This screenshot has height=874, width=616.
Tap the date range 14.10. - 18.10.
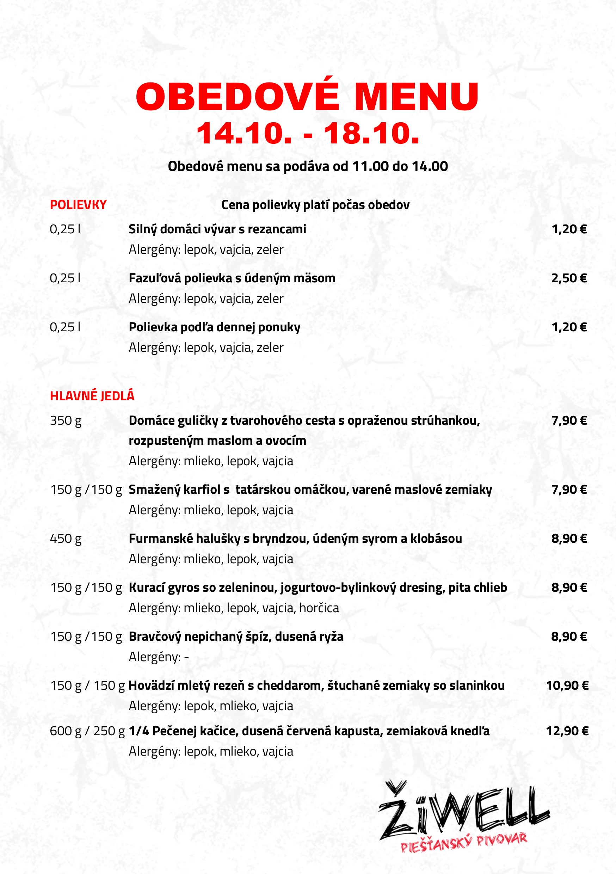[307, 133]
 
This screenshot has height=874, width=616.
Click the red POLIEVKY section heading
[78, 205]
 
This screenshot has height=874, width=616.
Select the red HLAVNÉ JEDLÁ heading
[92, 396]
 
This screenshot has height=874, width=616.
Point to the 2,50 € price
[569, 278]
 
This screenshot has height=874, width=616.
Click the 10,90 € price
[567, 685]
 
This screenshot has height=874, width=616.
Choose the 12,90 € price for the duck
[567, 731]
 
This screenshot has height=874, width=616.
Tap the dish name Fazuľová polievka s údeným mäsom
[232, 278]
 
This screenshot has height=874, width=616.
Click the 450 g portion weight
[66, 538]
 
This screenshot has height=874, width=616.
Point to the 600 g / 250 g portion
[87, 731]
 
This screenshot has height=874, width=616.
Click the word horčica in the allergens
[319, 608]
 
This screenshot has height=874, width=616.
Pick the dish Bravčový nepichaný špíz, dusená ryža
[236, 636]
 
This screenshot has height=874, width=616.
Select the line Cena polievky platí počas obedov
[315, 205]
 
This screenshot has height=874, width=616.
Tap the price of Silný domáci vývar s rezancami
[569, 229]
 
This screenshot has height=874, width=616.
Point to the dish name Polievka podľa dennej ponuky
[214, 327]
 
